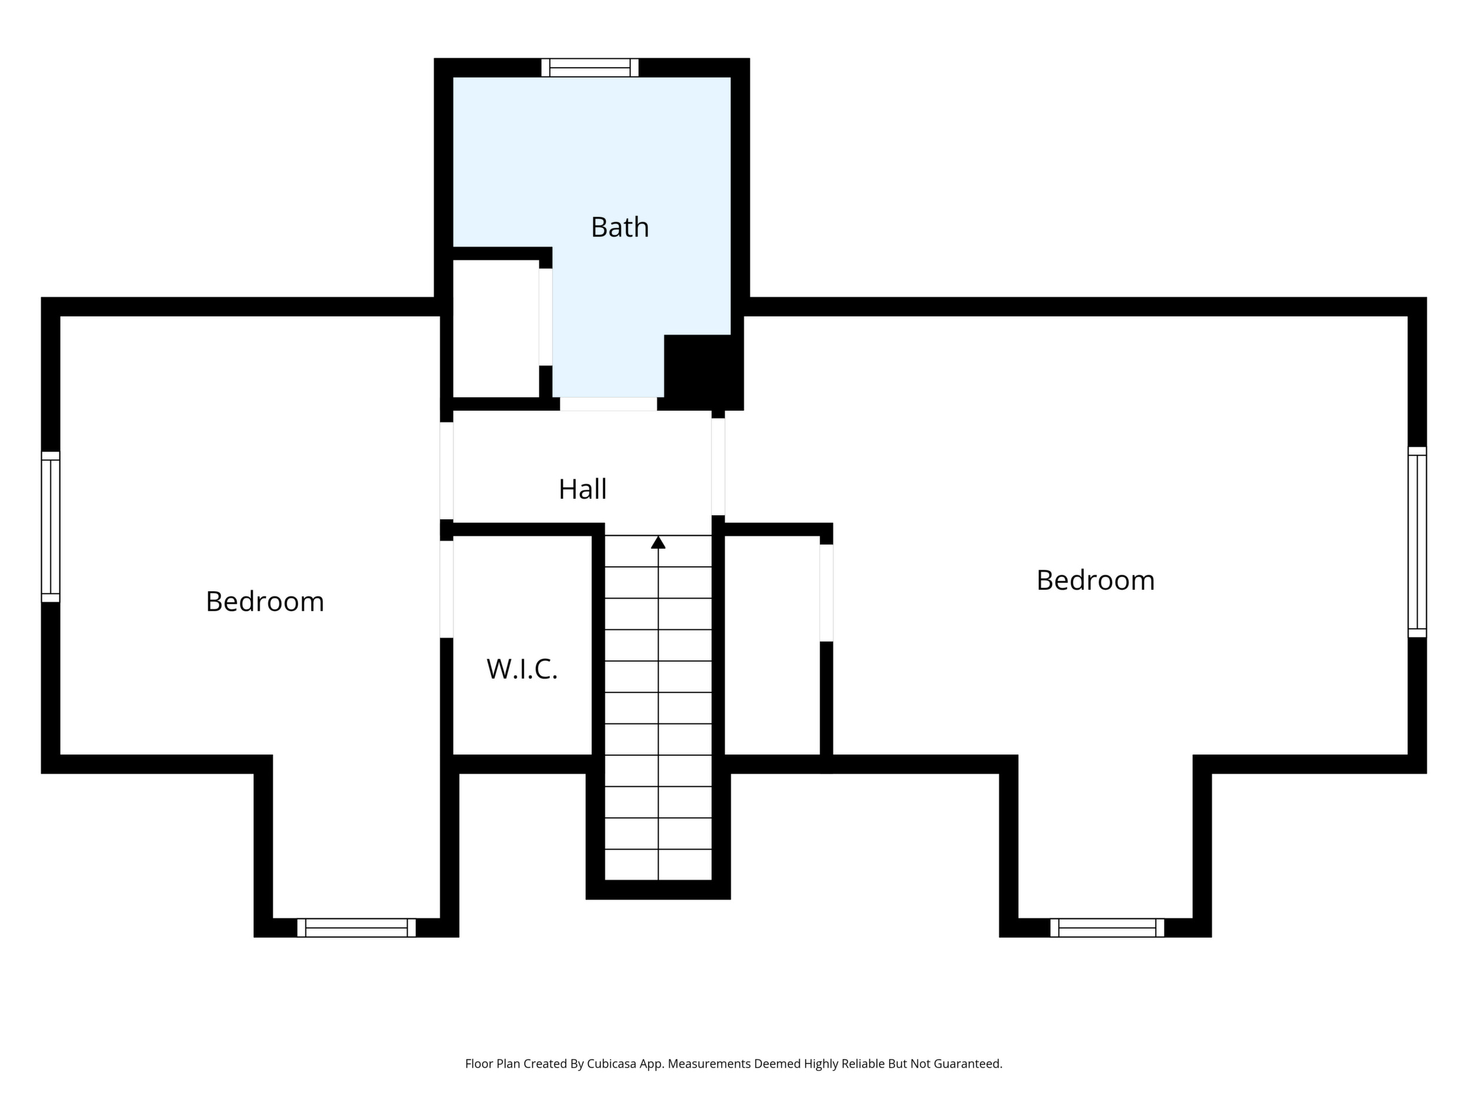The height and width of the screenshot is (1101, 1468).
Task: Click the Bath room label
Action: [619, 227]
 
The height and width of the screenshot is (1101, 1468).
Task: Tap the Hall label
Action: [582, 489]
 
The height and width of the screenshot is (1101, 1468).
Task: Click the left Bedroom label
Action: [265, 601]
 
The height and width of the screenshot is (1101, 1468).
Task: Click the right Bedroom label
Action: [1095, 580]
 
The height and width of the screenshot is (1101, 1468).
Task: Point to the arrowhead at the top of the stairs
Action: [658, 542]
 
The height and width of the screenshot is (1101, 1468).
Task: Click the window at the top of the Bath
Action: [589, 68]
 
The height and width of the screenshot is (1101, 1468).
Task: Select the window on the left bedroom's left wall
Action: [51, 527]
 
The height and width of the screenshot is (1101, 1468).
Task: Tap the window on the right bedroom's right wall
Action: [1417, 542]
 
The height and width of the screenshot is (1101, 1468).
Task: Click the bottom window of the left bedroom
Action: [356, 927]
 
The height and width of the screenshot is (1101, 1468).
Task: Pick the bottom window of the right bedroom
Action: [1107, 927]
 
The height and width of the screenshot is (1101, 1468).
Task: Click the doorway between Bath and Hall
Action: [609, 404]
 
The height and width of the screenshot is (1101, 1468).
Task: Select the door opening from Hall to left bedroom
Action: [446, 471]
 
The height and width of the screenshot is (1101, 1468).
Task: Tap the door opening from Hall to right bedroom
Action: [718, 466]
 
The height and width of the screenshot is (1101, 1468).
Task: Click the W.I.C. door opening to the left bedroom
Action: [446, 589]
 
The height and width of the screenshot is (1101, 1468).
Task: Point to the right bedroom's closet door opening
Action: [826, 593]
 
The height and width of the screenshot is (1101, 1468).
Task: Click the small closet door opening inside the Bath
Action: [546, 316]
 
